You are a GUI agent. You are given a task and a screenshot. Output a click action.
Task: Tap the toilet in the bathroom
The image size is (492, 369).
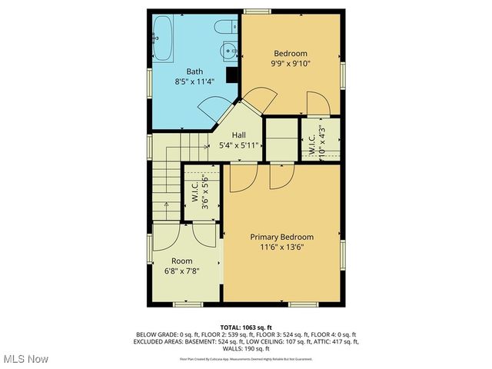point(224,28)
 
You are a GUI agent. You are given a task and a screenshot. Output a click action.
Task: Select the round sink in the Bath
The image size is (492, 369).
point(228,52)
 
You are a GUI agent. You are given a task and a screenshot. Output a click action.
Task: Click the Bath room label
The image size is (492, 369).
point(194,71)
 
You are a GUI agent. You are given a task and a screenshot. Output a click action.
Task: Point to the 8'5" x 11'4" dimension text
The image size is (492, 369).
point(194,81)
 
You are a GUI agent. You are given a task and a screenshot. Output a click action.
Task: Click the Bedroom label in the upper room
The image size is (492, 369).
point(291,54)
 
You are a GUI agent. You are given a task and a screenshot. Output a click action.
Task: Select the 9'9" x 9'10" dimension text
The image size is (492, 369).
point(291,64)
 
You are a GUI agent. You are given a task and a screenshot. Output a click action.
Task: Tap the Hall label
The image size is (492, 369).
point(239,134)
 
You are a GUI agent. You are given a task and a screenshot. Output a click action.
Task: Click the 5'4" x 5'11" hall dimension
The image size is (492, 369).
point(239,144)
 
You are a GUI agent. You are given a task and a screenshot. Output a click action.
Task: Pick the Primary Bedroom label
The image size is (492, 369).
point(282,237)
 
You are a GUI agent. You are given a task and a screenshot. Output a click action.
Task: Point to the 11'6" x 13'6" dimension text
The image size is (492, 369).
point(282,248)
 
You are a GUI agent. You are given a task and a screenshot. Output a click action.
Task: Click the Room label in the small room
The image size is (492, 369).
point(182,261)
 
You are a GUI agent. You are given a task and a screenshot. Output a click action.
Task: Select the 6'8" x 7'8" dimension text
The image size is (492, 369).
point(182,271)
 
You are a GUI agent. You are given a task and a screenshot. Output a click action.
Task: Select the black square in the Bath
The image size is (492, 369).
point(231,75)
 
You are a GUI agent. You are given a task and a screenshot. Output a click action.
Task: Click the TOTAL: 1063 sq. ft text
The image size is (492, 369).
point(246,327)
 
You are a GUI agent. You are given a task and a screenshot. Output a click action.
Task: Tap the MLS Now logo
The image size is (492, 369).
point(25,359)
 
